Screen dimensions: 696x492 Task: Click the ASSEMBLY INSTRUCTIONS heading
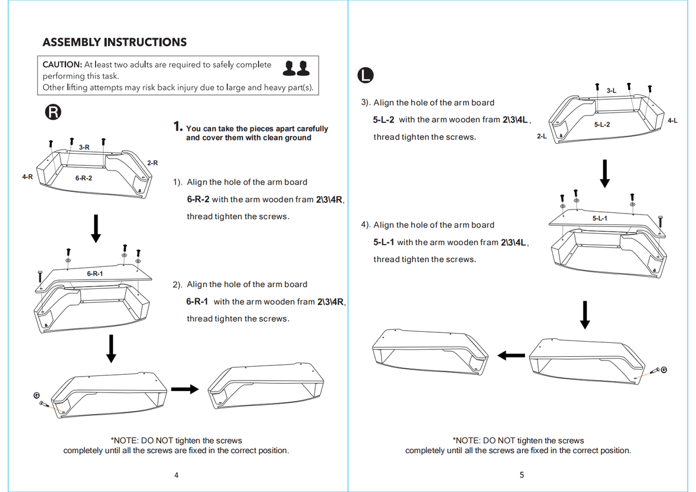115,42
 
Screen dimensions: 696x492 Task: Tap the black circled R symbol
53,112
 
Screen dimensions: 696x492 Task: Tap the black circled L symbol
365,75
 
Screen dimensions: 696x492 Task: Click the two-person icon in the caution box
296,68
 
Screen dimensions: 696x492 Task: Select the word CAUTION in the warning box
62,64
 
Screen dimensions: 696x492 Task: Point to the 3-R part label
84,147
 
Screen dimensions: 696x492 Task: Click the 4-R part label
27,177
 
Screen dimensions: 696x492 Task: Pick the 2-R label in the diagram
152,163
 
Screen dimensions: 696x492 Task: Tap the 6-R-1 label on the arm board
95,273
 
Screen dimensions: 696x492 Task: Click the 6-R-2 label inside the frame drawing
84,178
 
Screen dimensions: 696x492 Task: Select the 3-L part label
611,91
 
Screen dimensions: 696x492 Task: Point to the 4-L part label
673,121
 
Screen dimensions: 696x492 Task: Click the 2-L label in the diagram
542,136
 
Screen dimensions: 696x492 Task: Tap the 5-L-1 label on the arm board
600,218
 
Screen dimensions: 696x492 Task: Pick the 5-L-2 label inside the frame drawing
602,125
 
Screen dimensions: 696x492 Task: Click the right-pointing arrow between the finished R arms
185,389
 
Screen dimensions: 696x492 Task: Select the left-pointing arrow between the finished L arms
511,356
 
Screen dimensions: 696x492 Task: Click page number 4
176,475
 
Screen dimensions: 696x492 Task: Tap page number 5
521,475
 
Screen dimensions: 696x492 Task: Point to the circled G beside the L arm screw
664,370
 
